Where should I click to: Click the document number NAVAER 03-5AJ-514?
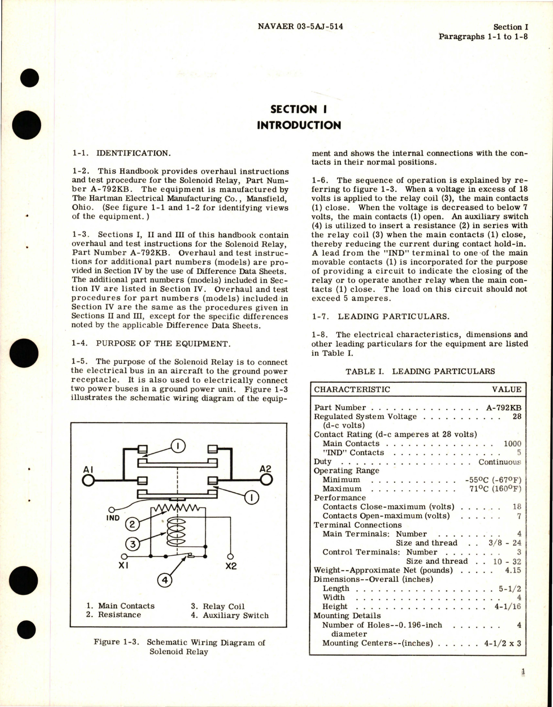tap(300, 27)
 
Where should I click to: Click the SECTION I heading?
tap(298, 109)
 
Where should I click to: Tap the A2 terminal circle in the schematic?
tap(265, 479)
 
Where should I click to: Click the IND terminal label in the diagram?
tap(113, 518)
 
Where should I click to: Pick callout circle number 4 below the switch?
tap(165, 580)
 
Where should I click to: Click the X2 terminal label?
tap(231, 567)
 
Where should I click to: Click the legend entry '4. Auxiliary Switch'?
tap(230, 616)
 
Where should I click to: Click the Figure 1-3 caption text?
tap(179, 647)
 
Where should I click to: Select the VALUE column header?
tap(507, 389)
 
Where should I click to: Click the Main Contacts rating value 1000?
tap(512, 444)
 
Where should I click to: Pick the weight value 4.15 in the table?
tap(513, 570)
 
